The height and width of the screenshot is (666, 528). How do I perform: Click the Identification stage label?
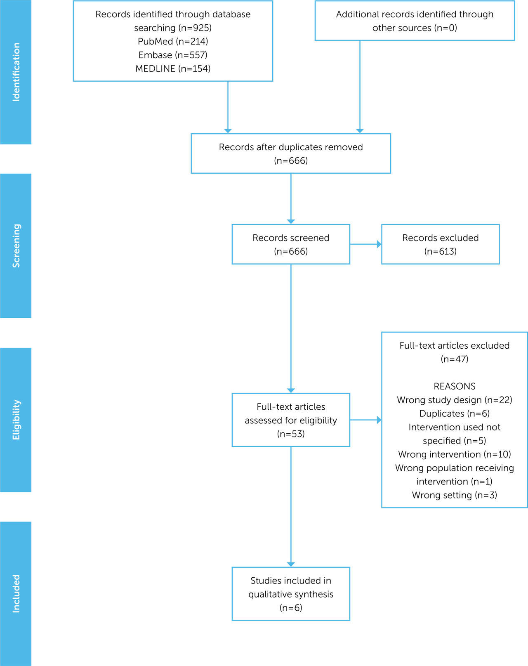[16, 72]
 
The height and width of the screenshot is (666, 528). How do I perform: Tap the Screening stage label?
[16, 246]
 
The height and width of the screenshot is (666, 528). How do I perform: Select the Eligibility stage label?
[16, 420]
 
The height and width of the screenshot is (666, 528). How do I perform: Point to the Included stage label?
[16, 593]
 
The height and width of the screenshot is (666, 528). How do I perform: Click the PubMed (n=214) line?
[173, 41]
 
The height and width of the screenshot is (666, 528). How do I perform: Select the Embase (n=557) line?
[173, 55]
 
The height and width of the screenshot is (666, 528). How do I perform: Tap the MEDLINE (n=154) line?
[173, 68]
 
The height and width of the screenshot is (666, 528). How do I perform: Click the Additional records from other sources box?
[415, 21]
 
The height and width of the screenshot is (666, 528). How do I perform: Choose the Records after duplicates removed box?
[291, 154]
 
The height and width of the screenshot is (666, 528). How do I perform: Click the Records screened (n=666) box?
[291, 244]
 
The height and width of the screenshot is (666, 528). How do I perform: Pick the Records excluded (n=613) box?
[440, 244]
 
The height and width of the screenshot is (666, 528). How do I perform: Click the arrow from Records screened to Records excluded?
[365, 244]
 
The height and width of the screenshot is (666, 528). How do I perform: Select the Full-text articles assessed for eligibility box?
[291, 420]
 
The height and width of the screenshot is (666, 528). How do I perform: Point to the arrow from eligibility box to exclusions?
[365, 420]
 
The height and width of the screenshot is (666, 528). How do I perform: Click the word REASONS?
[454, 386]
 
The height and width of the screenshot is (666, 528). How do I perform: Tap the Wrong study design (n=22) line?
[454, 400]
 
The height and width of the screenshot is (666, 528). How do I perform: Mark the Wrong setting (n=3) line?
[454, 495]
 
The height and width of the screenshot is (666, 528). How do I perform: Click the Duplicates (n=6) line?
[454, 413]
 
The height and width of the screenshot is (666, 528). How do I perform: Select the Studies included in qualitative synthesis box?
[291, 594]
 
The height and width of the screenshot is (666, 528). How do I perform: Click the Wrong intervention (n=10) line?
[454, 454]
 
